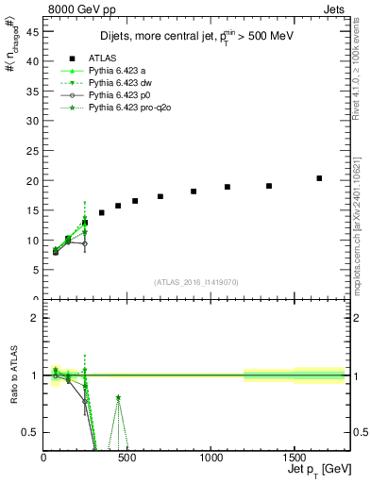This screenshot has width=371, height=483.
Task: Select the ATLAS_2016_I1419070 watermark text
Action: point(196,281)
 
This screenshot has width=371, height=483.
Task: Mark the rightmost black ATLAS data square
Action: point(319,178)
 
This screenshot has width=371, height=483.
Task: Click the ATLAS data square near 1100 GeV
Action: point(228,187)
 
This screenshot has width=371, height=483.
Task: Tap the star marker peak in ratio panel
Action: point(118,398)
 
